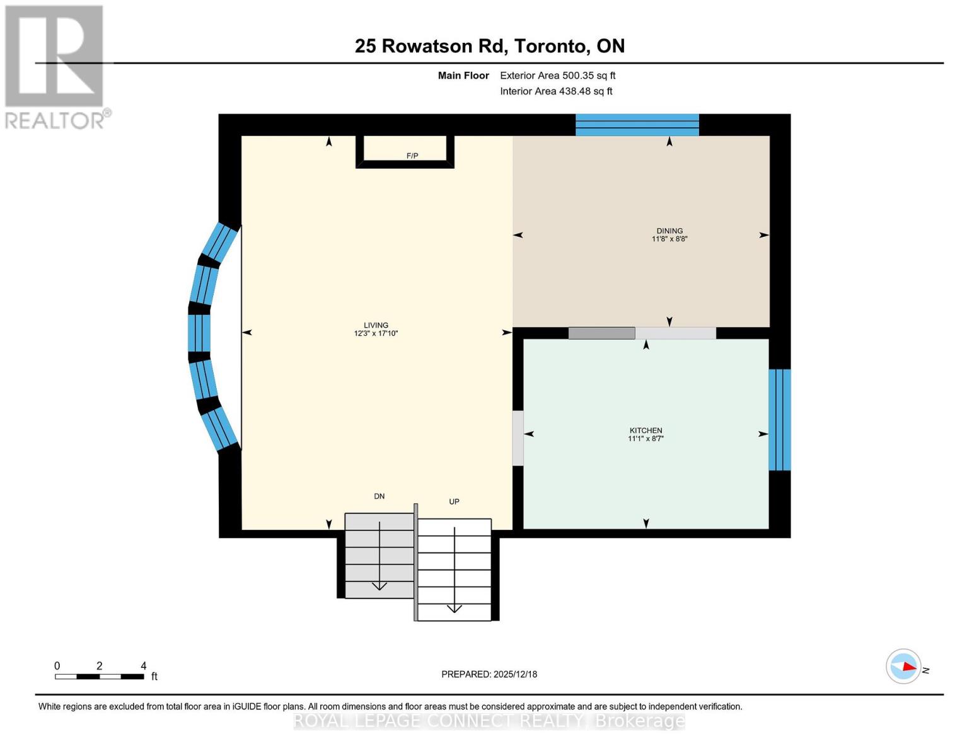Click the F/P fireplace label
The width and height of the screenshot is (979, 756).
tap(412, 156)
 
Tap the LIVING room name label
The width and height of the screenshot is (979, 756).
tap(376, 325)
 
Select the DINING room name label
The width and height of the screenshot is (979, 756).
tap(669, 231)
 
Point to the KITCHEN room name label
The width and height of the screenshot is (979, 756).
tap(646, 430)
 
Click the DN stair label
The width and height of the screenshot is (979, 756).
tap(379, 496)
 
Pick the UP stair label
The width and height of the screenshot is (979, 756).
tap(454, 501)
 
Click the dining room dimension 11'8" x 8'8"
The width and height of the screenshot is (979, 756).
tap(669, 239)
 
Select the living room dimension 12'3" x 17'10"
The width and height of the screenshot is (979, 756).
tap(376, 333)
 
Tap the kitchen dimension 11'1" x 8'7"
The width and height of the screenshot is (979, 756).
tap(646, 438)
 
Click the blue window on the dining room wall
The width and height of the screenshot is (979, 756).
tap(637, 125)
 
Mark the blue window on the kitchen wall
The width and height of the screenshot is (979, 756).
tap(779, 420)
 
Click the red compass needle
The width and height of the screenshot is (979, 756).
tap(909, 667)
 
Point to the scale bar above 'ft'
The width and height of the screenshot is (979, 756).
tap(100, 676)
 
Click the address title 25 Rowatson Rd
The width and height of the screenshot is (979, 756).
tap(432, 46)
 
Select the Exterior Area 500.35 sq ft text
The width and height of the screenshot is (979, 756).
tap(558, 76)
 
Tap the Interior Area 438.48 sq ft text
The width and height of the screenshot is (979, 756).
tap(556, 91)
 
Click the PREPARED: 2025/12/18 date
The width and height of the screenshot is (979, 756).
tap(489, 674)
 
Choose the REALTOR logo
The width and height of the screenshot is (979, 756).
tap(56, 67)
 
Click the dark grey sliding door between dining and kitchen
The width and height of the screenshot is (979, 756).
tap(601, 333)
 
